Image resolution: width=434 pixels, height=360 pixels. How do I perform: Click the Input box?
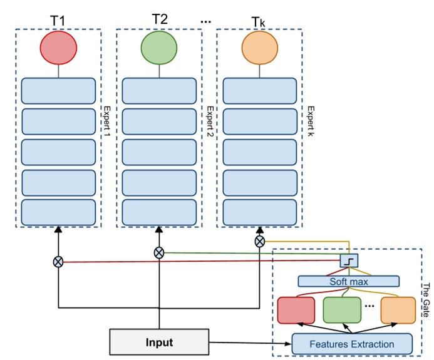coord(159,342)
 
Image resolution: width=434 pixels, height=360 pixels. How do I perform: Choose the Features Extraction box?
coord(352,344)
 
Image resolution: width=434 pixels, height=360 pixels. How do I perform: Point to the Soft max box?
coord(348,282)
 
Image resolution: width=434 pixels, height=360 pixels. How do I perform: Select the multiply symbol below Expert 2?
coord(159,252)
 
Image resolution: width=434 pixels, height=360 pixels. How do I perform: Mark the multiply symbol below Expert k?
coord(259,241)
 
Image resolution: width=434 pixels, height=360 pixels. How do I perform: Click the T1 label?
coord(58,21)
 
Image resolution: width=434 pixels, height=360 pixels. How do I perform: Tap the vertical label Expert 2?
coord(210,123)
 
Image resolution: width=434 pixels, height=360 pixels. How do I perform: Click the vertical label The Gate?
coord(425,301)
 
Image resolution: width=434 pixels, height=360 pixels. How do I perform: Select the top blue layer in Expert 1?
coord(58,91)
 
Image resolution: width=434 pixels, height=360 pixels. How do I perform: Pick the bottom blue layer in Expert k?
coord(259,212)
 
